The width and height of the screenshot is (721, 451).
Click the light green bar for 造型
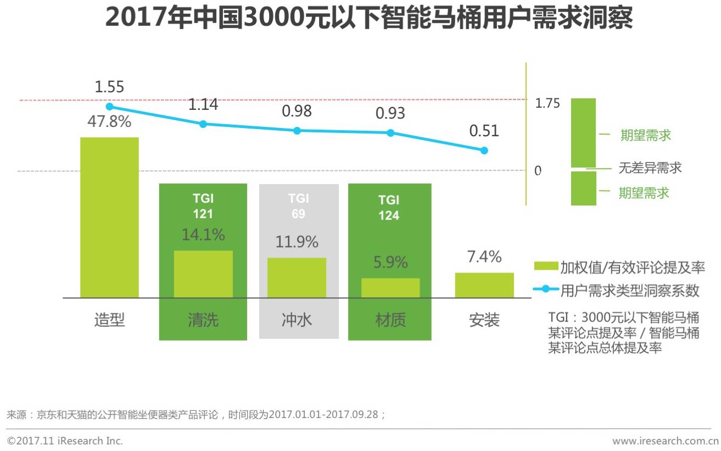coord(109,217)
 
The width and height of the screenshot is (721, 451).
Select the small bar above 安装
coord(484,285)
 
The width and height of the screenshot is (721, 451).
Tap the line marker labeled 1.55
coord(109,107)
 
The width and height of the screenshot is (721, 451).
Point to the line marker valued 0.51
coord(484,151)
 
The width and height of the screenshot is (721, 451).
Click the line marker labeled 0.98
coord(297,131)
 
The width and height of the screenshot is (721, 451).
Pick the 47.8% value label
coord(109,121)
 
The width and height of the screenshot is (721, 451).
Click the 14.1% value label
coord(203,235)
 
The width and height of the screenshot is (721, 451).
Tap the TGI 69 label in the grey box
coord(298,206)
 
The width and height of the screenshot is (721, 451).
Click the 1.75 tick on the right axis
coord(547,103)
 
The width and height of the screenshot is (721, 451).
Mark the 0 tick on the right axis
coord(538,171)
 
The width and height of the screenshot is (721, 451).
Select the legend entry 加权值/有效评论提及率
coord(632,268)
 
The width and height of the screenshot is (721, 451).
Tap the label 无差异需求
coord(650,168)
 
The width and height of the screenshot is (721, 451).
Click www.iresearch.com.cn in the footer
coord(664,441)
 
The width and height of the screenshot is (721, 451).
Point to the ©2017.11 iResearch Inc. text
coord(65,441)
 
